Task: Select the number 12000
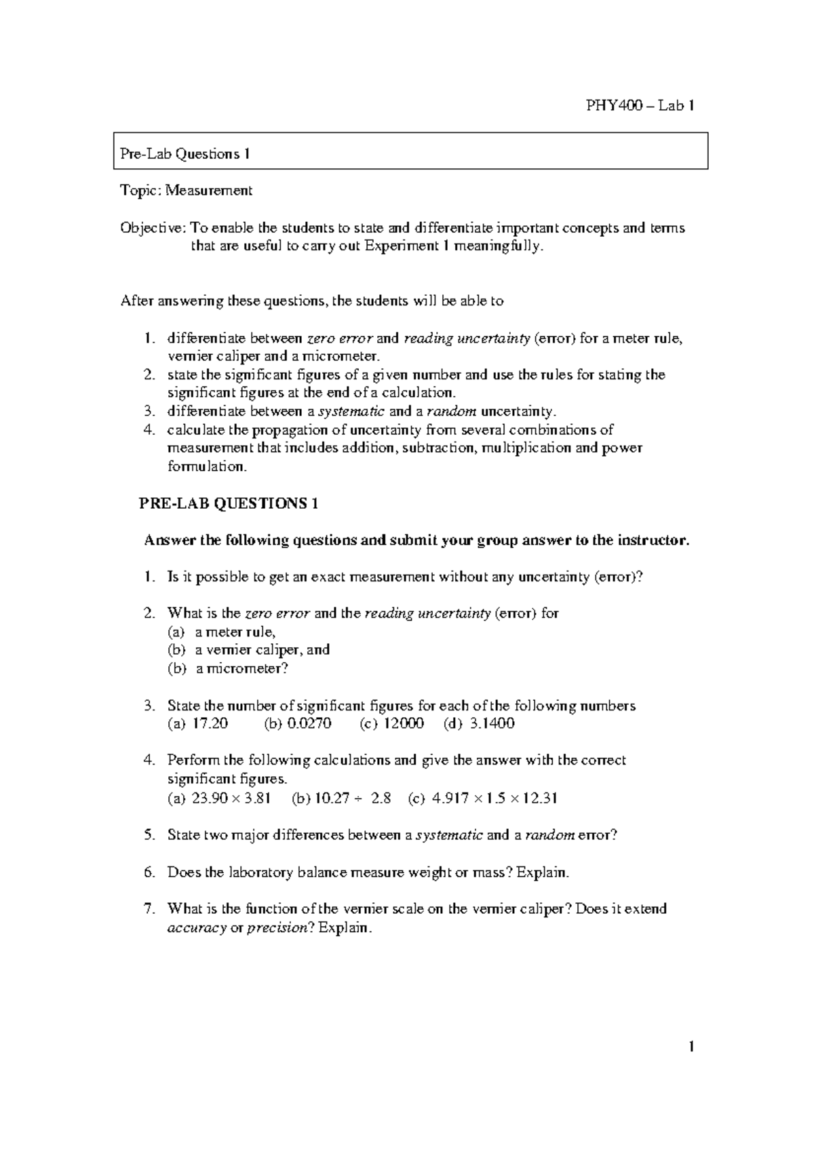click(404, 723)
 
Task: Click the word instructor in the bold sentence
click(653, 541)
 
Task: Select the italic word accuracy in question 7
click(196, 928)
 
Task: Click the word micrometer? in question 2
click(242, 668)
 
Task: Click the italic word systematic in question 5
click(449, 835)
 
